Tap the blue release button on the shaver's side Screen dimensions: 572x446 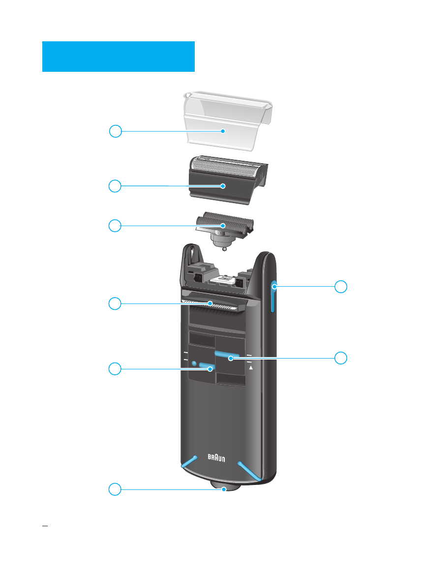point(272,296)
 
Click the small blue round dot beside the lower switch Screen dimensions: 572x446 point(194,364)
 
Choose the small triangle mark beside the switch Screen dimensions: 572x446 point(250,367)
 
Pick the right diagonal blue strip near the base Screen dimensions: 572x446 point(249,470)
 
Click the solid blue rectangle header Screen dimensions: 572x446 point(119,57)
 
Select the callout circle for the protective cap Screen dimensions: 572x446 point(115,131)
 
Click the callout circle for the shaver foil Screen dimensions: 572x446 point(115,186)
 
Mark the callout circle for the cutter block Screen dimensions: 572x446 point(115,226)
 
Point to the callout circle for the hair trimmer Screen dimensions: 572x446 point(115,303)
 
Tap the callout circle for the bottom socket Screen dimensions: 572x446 point(115,489)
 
